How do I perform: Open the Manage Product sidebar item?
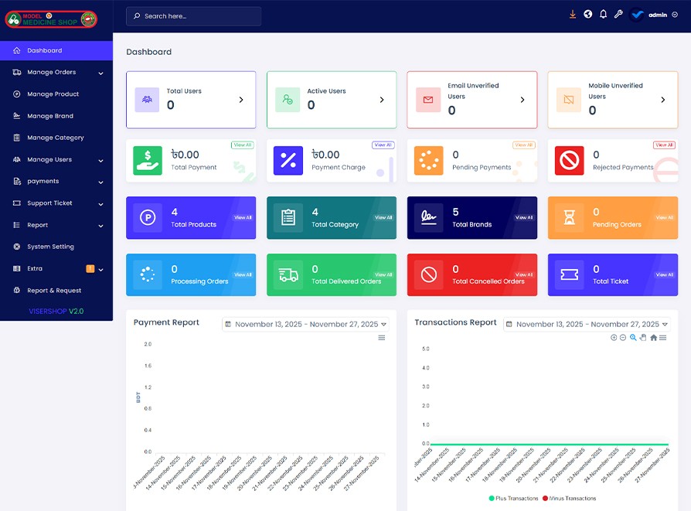click(x=53, y=94)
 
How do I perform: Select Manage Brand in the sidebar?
click(x=50, y=116)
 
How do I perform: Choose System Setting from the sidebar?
click(x=50, y=247)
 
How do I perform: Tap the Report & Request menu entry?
click(x=53, y=291)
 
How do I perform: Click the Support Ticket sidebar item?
click(x=49, y=203)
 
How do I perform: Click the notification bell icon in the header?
click(x=603, y=15)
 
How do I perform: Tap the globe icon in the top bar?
click(x=588, y=15)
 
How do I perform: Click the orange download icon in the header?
click(x=573, y=15)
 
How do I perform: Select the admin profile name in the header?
click(x=658, y=15)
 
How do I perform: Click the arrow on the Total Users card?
click(x=241, y=100)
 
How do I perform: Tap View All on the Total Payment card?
click(x=243, y=145)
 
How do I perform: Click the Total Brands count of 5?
click(x=455, y=212)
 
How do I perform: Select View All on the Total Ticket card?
click(x=665, y=274)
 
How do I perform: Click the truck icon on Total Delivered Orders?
click(x=288, y=274)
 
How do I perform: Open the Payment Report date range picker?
click(x=305, y=325)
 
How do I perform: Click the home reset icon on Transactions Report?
click(x=653, y=338)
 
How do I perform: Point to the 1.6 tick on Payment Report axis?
click(x=148, y=366)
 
